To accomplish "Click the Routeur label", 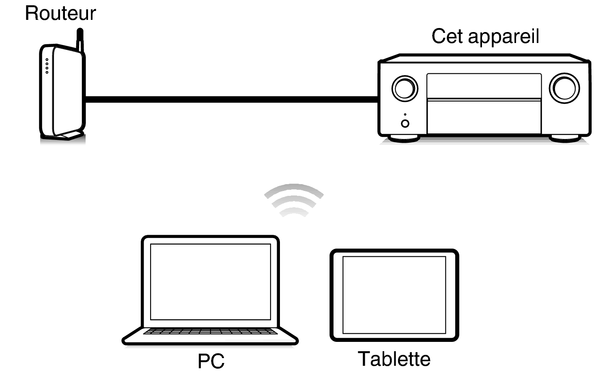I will tap(60, 13).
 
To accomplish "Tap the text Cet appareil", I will tap(485, 36).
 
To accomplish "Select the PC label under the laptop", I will tap(211, 361).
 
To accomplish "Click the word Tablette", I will tap(394, 359).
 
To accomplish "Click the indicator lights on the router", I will tap(47, 66).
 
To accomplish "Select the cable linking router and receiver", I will tap(231, 99).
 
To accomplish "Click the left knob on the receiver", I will tap(405, 88).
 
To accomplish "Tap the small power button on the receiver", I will tap(405, 124).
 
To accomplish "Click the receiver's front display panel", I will tap(484, 86).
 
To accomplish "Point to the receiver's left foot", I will tap(403, 139).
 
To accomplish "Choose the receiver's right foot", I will tap(565, 139).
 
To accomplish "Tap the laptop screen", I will tap(210, 281).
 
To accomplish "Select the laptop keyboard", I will tap(210, 332).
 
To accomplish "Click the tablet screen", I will tap(394, 295).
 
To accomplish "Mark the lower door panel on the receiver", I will tap(484, 117).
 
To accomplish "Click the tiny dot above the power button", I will tap(405, 114).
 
